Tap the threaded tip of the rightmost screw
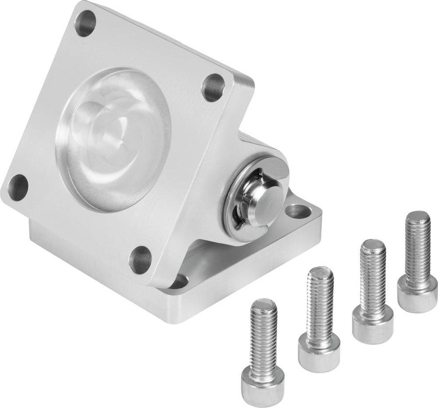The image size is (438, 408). [x=419, y=217]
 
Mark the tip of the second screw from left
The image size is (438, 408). [x=321, y=272]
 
